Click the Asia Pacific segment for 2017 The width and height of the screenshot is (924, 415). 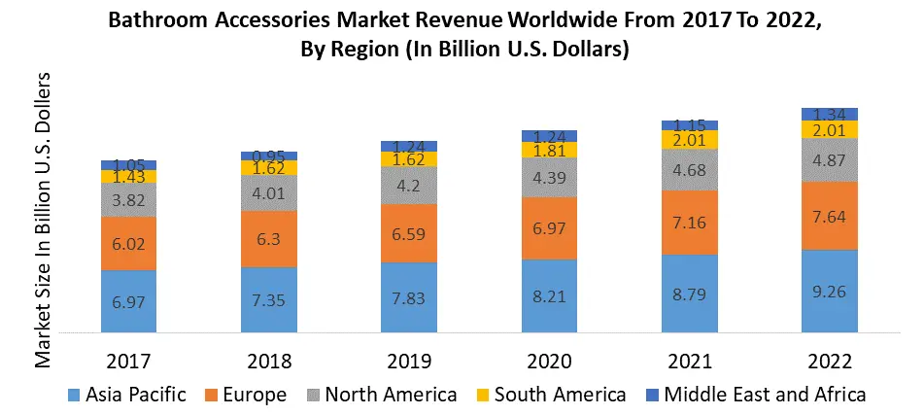coord(128,301)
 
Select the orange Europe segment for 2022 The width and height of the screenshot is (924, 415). coord(829,216)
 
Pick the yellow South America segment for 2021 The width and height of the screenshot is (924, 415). coord(689,140)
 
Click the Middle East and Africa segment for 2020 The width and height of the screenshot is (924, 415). coord(549,135)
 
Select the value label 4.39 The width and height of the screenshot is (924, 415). coord(549,177)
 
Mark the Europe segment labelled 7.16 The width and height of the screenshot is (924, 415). coord(689,223)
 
